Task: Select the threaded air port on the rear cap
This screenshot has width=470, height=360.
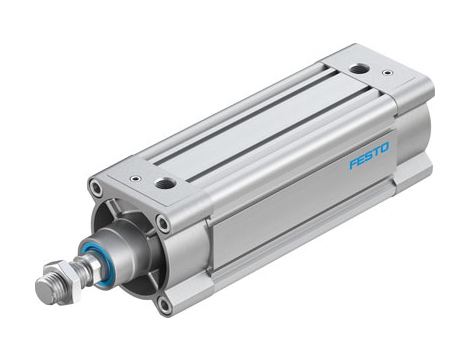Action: (x=357, y=69)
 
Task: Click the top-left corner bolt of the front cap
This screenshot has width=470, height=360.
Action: (x=96, y=187)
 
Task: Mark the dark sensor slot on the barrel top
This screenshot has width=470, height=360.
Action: (x=255, y=131)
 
